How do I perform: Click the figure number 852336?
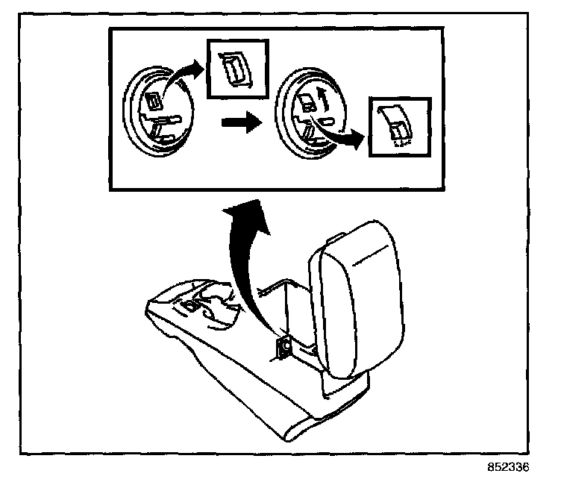(508, 468)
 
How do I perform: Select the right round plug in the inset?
(307, 120)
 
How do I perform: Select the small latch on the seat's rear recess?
(190, 305)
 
